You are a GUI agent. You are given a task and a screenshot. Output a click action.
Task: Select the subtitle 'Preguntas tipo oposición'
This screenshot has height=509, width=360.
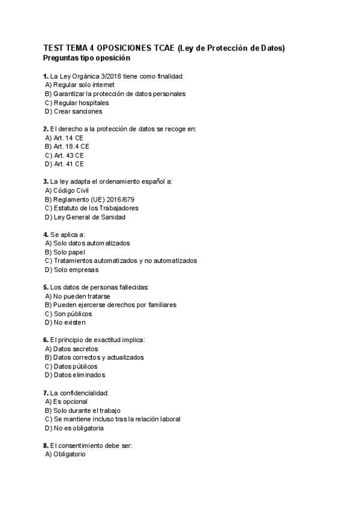pyautogui.click(x=86, y=58)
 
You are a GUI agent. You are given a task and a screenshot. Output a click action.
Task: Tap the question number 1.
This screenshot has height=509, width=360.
pyautogui.click(x=46, y=76)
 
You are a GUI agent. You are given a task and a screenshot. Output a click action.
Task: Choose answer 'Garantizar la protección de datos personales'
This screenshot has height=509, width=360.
pyautogui.click(x=119, y=94)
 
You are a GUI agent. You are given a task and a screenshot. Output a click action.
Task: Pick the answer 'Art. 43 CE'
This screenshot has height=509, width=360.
pyautogui.click(x=68, y=155)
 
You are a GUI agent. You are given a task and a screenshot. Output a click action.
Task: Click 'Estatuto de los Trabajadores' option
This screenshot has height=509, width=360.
pyautogui.click(x=95, y=208)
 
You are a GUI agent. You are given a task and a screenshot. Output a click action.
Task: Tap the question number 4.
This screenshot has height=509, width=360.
pyautogui.click(x=46, y=234)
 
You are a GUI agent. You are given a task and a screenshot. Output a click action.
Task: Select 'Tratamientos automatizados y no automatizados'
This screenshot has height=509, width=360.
pyautogui.click(x=124, y=261)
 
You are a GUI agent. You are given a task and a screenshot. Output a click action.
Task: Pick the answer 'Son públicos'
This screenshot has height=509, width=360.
pyautogui.click(x=72, y=313)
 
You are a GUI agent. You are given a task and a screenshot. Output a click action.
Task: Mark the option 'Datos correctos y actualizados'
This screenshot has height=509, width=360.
pyautogui.click(x=98, y=357)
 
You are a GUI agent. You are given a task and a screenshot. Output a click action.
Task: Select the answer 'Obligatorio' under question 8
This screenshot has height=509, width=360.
pyautogui.click(x=70, y=454)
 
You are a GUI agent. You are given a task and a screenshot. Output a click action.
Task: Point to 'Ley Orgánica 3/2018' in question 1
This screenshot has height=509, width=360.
pyautogui.click(x=89, y=76)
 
